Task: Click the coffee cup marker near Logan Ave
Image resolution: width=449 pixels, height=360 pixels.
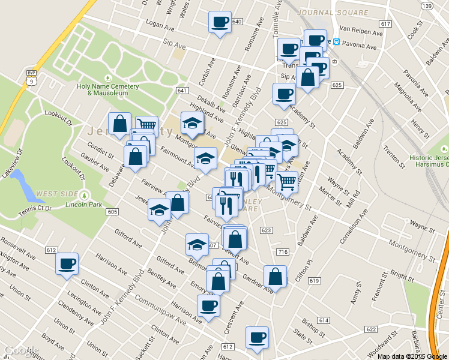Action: (219, 23)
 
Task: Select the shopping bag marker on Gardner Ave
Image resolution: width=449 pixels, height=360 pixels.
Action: (275, 277)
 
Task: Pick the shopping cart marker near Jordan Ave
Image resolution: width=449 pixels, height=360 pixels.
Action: (287, 181)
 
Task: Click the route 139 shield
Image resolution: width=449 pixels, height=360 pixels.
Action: (427, 6)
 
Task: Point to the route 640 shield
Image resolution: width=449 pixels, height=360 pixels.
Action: (237, 22)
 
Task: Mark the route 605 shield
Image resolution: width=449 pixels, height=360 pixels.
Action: (112, 212)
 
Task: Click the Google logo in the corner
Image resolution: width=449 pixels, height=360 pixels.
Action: (22, 350)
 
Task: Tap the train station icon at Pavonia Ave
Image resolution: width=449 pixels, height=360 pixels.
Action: (337, 42)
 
